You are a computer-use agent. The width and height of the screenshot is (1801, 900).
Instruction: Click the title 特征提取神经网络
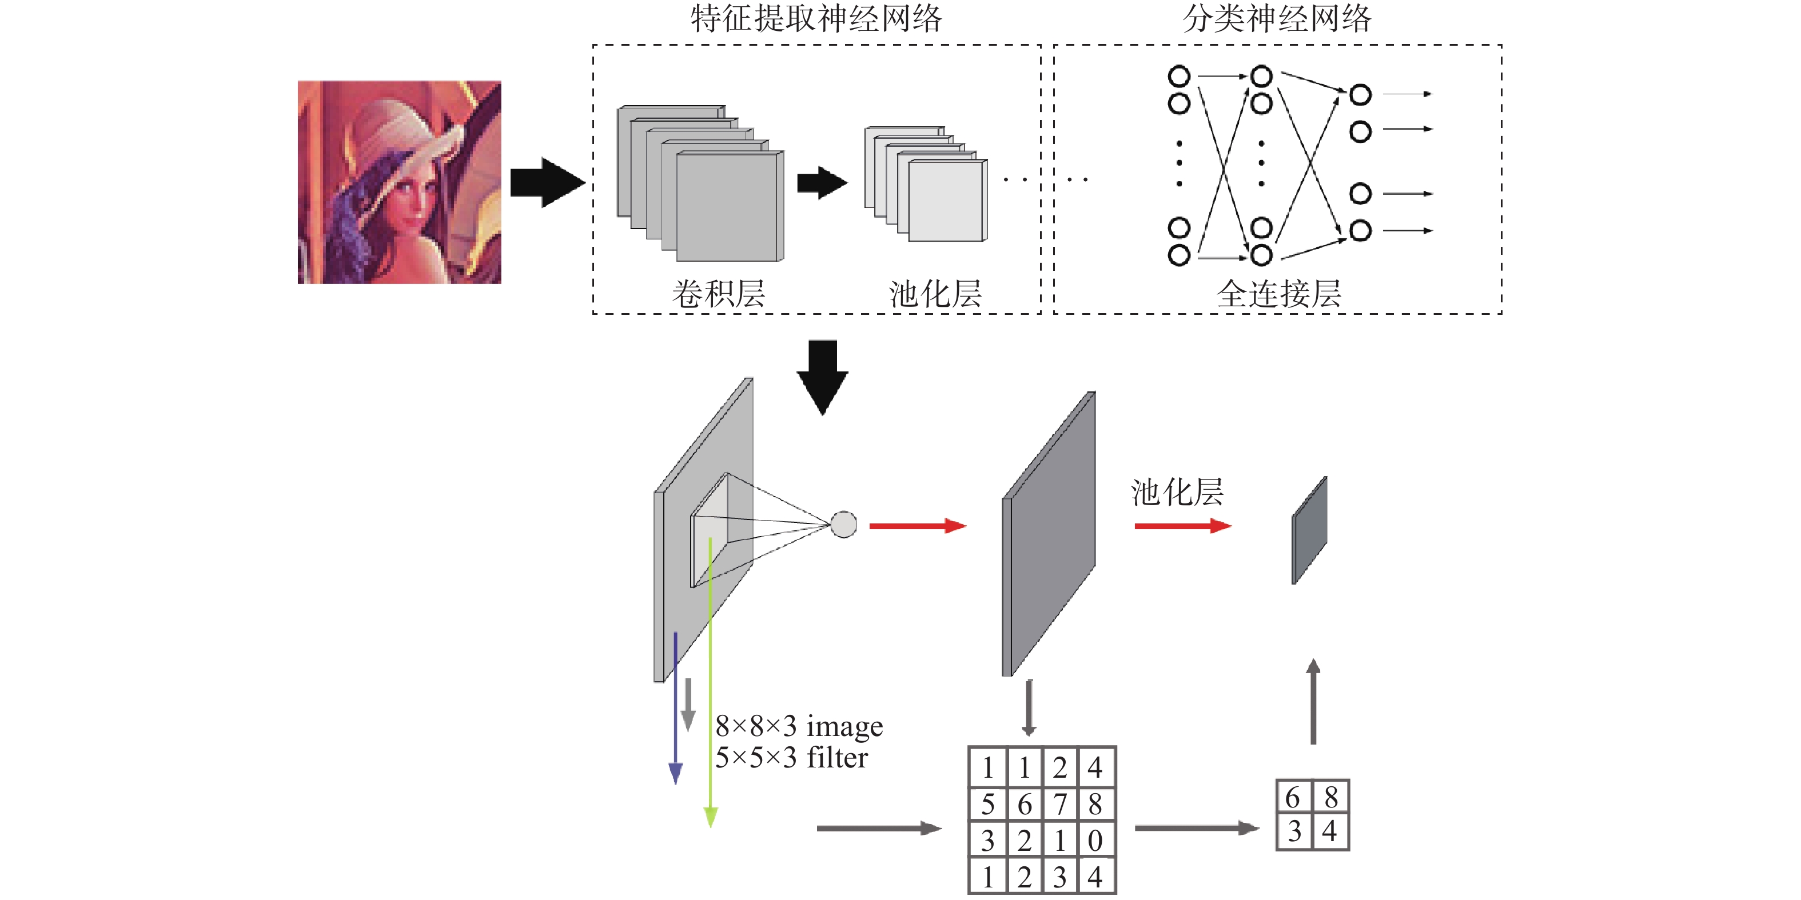click(816, 18)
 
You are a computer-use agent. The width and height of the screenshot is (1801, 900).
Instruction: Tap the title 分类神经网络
click(1277, 18)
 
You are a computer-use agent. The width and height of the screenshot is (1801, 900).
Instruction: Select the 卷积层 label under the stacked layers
click(719, 294)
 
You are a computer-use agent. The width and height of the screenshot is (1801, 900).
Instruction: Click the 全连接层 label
click(1279, 294)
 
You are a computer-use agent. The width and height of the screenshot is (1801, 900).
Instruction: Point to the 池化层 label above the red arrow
click(1177, 492)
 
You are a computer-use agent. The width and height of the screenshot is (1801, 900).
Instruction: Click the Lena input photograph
click(399, 182)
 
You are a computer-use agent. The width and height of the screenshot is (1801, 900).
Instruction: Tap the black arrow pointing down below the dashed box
click(823, 377)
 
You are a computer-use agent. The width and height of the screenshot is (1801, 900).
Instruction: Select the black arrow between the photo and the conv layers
click(547, 182)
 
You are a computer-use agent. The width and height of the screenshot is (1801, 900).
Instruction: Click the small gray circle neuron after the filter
click(844, 525)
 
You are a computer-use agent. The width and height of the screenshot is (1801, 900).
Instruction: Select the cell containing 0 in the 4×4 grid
click(1095, 841)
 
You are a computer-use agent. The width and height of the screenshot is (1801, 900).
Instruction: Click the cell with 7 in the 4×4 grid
click(1060, 804)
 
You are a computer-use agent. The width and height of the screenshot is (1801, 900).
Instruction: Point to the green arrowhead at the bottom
click(710, 817)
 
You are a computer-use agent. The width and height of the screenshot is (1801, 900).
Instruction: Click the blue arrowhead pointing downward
click(675, 774)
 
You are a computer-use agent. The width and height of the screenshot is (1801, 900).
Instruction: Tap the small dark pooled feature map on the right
click(1309, 530)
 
